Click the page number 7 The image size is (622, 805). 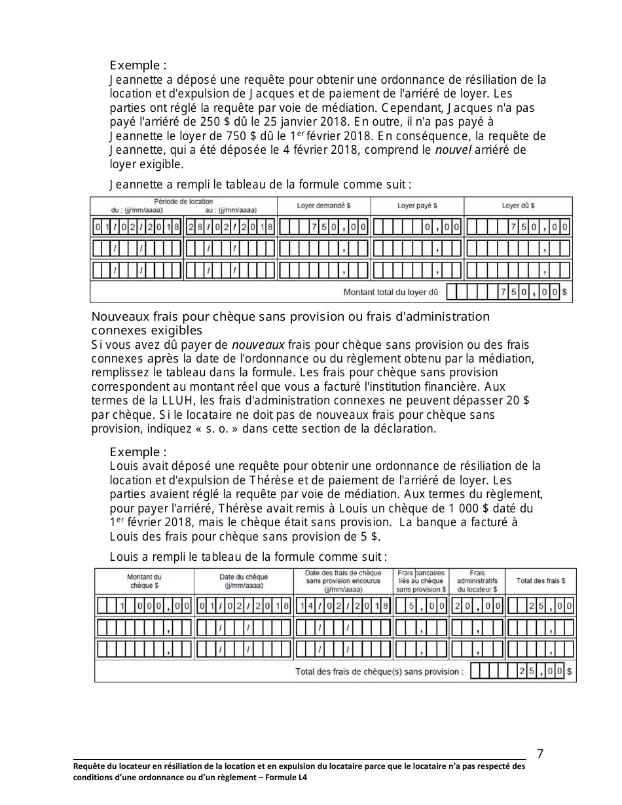pos(540,753)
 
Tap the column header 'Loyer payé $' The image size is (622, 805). pos(417,206)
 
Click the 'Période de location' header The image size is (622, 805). pos(183,202)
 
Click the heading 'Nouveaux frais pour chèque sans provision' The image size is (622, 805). pos(290,317)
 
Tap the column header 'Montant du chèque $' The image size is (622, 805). pos(144,581)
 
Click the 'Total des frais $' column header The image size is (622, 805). pos(541,581)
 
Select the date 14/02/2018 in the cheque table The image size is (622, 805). pos(343,606)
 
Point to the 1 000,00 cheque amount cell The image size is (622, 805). pos(144,606)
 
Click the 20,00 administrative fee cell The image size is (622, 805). pos(477,606)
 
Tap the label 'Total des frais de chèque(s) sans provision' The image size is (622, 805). pos(379,671)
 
